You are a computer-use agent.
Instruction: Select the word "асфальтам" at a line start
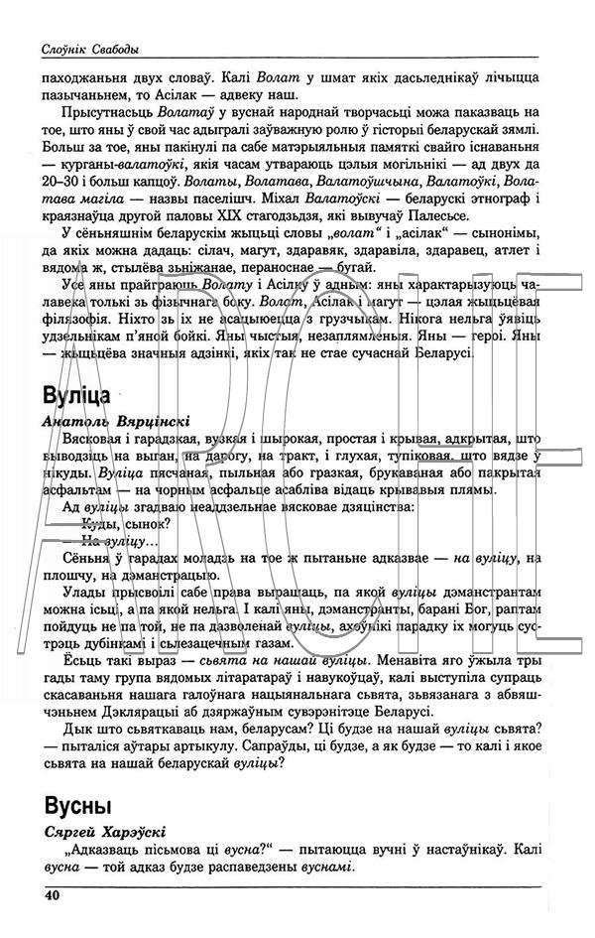tap(81, 489)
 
